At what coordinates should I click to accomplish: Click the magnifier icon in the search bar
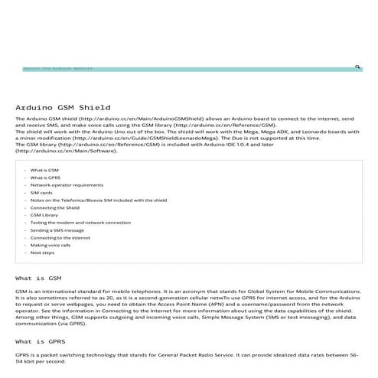(x=357, y=67)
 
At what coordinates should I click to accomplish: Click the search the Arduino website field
(x=153, y=68)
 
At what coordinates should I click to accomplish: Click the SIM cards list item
(x=41, y=193)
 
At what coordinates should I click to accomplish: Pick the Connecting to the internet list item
(x=60, y=237)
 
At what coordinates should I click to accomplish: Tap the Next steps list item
(x=42, y=252)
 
